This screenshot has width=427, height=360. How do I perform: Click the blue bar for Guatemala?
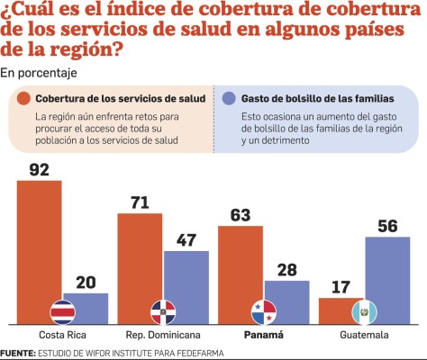pos(387,274)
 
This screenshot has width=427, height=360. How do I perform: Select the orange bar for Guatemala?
pos(341,310)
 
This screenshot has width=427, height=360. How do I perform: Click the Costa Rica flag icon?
pos(62,311)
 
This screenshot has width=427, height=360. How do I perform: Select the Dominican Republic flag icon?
pos(163,311)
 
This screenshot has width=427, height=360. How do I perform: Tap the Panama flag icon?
pos(264,311)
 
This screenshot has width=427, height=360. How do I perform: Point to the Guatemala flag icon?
pos(365,311)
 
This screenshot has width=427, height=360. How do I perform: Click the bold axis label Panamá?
pos(264,335)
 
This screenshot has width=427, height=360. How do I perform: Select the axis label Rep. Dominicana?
pos(163,335)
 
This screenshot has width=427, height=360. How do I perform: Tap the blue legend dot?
pos(229,97)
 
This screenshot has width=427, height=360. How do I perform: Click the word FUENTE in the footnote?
pos(17,353)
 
